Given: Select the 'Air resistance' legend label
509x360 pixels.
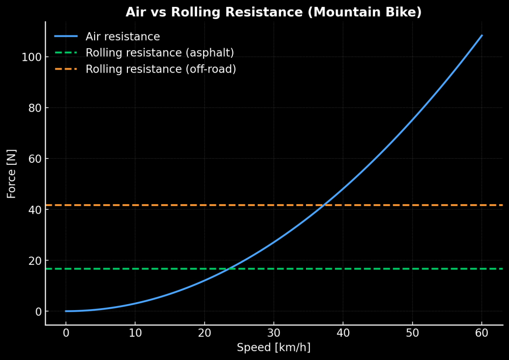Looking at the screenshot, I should (x=122, y=37).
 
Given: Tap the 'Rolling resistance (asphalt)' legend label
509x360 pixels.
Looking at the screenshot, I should (x=159, y=53).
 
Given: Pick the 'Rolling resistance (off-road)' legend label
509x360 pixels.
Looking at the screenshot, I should (x=160, y=69).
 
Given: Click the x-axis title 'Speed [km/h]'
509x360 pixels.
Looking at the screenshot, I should (x=273, y=348).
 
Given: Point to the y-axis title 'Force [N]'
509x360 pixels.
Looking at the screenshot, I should (x=11, y=174).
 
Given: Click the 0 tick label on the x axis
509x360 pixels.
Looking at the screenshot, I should (x=66, y=333).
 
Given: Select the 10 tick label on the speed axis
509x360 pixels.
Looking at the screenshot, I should (x=135, y=333).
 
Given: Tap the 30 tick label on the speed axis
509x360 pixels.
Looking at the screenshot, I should (x=274, y=333).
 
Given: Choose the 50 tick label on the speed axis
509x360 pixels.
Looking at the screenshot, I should (x=412, y=333).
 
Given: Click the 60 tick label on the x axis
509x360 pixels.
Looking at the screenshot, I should (x=482, y=333).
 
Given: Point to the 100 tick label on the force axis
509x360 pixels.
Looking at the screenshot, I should (x=31, y=57).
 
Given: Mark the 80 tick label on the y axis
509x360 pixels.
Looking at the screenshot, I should (x=34, y=108).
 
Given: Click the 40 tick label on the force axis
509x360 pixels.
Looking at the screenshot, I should (x=34, y=210).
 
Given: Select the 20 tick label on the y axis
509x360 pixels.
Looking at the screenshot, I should (x=34, y=260).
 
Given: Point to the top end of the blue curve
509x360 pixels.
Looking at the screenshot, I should (x=482, y=35).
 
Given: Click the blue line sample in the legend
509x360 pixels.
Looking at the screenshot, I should (x=66, y=36).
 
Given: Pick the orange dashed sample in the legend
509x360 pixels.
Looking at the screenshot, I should (x=66, y=69).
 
